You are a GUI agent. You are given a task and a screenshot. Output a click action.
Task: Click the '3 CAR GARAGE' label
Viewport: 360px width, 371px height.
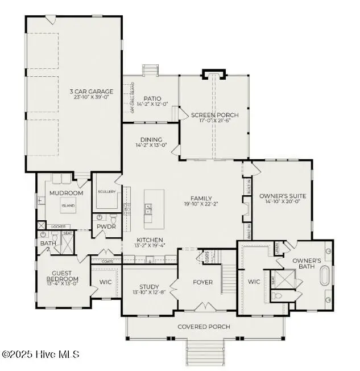point(92,91)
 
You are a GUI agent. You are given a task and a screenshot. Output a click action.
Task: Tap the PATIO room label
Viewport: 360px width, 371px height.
point(152,98)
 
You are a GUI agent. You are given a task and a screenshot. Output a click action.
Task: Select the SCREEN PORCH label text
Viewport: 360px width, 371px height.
point(215,115)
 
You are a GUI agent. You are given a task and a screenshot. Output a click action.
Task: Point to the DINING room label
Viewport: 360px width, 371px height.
point(151,139)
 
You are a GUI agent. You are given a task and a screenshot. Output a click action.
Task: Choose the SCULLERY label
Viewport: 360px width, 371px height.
point(106,192)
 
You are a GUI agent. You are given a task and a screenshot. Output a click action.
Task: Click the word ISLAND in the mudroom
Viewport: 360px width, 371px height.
point(68,205)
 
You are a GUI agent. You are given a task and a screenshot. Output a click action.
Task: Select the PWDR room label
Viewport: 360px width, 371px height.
point(106,226)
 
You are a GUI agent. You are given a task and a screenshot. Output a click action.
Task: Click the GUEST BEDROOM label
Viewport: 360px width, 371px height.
point(62,276)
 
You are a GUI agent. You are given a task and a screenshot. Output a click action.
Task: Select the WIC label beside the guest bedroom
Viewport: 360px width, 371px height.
point(105,281)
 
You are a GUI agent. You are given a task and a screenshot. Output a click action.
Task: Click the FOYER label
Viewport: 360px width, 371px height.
point(202,282)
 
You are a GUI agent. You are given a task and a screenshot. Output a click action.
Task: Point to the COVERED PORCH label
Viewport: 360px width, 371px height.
point(204,327)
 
